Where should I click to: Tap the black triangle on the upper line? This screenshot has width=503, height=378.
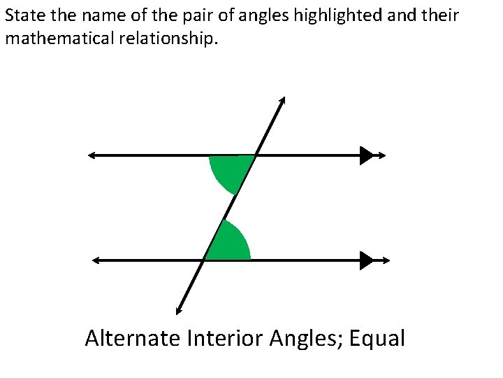click(367, 155)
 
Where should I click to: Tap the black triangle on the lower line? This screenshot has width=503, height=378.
click(367, 260)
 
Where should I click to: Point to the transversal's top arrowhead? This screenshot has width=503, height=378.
click(282, 100)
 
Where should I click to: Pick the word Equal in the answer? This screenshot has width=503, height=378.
click(377, 339)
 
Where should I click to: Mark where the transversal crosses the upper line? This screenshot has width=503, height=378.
click(256, 155)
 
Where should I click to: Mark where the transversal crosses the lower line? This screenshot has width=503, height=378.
click(204, 260)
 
